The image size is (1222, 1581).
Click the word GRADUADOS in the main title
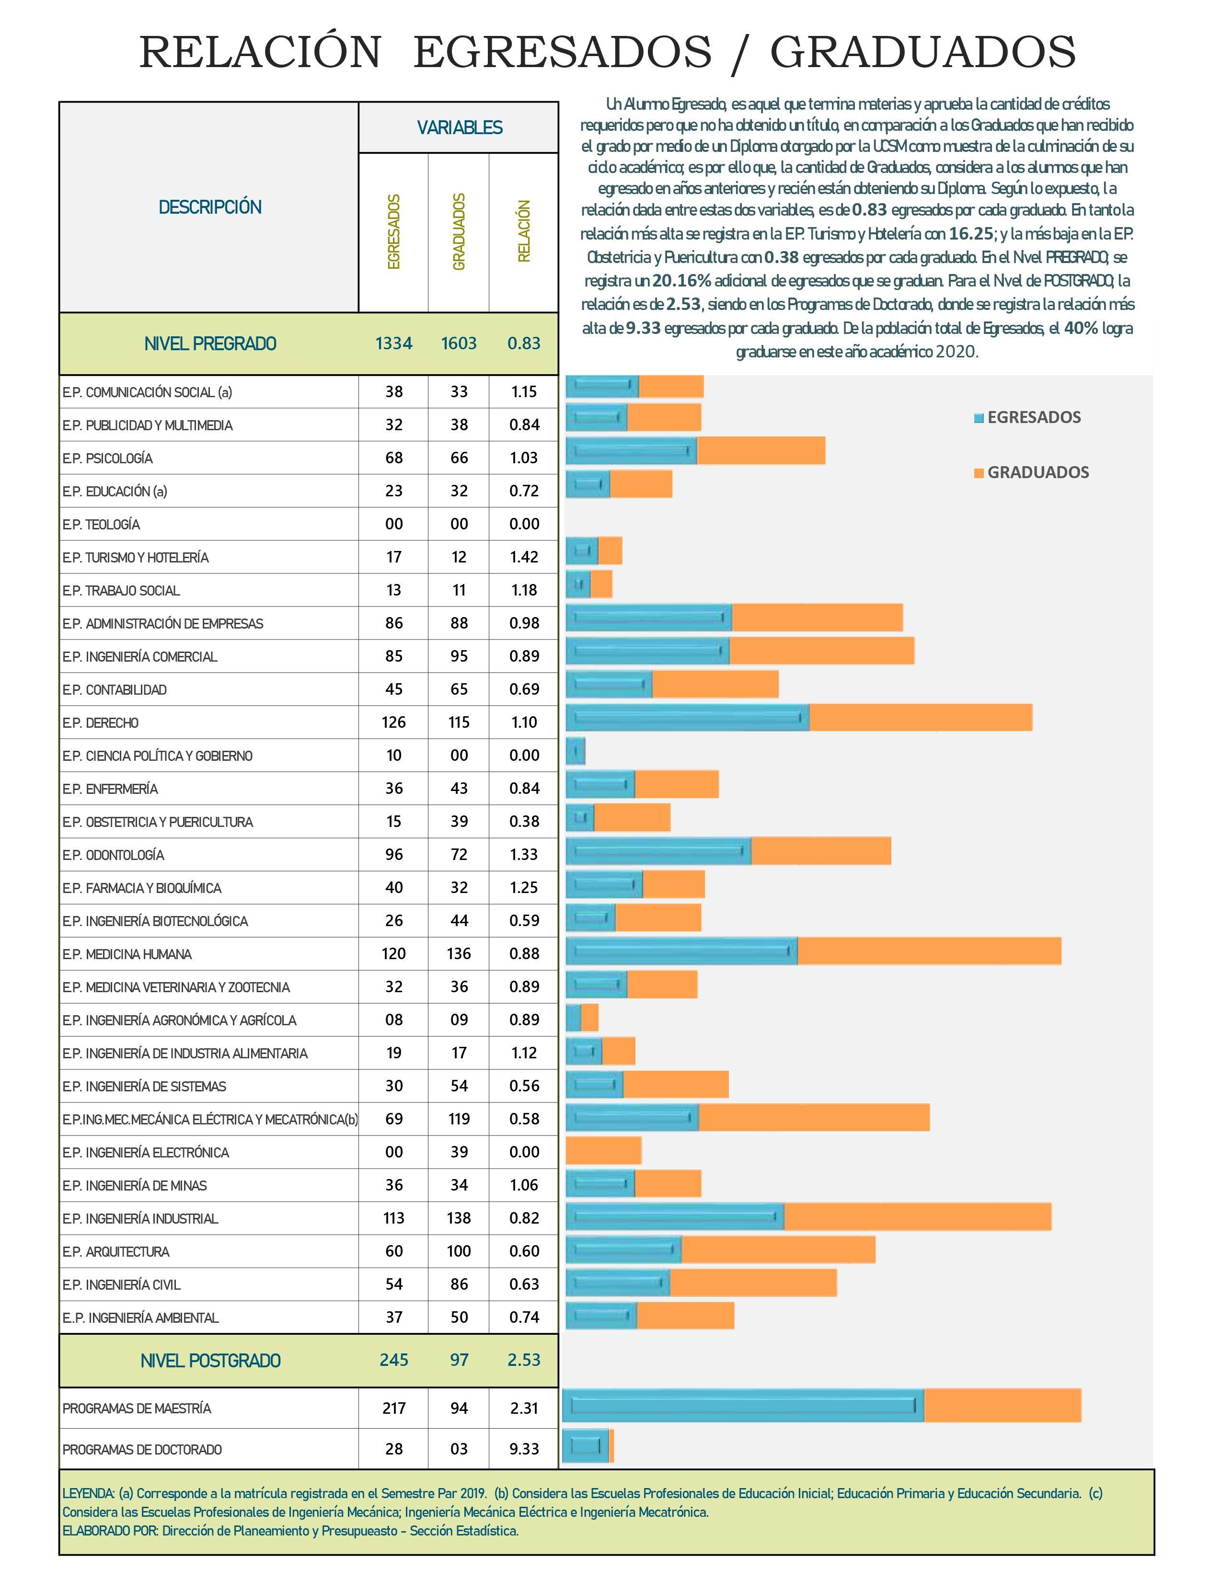pyautogui.click(x=922, y=53)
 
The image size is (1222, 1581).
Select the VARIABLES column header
pyautogui.click(x=459, y=128)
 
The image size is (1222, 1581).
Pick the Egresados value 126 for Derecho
pyautogui.click(x=394, y=722)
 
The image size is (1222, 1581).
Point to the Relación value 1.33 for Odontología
pyautogui.click(x=523, y=855)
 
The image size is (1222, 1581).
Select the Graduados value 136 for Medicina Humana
pyautogui.click(x=459, y=954)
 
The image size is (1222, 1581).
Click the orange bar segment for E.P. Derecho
pyautogui.click(x=920, y=717)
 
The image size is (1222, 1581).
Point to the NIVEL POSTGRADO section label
pyautogui.click(x=210, y=1361)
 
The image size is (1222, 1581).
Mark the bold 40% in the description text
pyautogui.click(x=1081, y=328)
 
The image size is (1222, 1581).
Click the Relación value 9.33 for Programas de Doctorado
pyautogui.click(x=523, y=1449)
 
